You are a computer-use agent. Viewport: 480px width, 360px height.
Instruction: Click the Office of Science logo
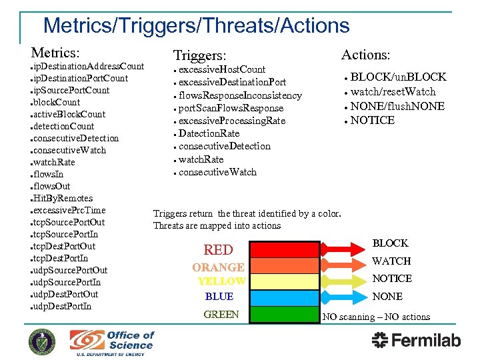click(x=112, y=342)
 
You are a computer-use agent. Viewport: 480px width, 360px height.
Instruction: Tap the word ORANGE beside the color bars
click(x=218, y=267)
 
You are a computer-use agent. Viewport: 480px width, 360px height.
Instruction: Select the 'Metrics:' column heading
click(x=55, y=52)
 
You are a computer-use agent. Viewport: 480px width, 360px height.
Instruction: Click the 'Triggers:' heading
click(x=199, y=55)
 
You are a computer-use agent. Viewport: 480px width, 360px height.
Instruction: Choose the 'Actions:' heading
click(x=365, y=55)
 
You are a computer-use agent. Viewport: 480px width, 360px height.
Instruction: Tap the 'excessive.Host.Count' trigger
click(x=222, y=69)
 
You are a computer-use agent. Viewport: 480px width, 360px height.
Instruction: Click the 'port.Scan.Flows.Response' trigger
click(x=231, y=108)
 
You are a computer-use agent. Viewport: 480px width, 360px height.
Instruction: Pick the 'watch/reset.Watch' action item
click(x=393, y=92)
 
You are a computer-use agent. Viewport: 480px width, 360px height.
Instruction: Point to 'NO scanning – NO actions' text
click(x=376, y=317)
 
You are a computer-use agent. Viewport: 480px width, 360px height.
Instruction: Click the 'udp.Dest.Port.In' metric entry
click(x=65, y=306)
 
